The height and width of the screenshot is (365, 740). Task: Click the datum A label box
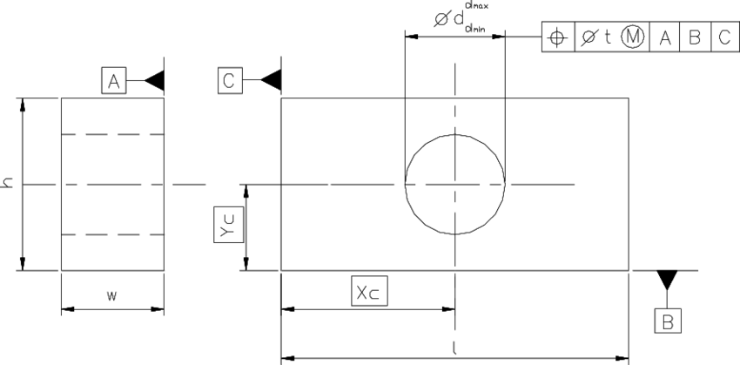tap(113, 82)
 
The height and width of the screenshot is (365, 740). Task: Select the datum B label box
tap(668, 321)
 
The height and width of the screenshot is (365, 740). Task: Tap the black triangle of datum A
tap(154, 81)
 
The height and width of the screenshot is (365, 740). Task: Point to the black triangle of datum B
tap(668, 280)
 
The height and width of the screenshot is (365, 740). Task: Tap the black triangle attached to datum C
tap(271, 81)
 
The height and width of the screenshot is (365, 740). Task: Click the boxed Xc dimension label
tap(369, 292)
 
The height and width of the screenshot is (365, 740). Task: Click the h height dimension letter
tap(8, 184)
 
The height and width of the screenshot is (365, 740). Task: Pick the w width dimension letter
tap(111, 296)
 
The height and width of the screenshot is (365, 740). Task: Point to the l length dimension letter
tap(455, 347)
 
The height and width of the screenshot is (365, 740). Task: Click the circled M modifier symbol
tap(633, 37)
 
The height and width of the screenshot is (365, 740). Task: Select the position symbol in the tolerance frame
tap(558, 37)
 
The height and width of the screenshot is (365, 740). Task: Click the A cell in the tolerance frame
tap(665, 37)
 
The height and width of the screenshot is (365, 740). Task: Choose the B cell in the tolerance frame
tap(695, 37)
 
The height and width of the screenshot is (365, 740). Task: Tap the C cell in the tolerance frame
tap(723, 37)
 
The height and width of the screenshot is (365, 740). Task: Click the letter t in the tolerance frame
tap(608, 37)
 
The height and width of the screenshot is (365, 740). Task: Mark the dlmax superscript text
tap(476, 5)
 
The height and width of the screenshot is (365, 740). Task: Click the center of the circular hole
tap(455, 184)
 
